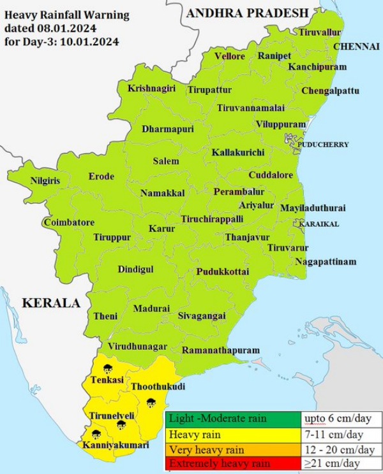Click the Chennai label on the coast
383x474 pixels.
tap(358, 47)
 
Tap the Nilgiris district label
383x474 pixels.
tap(45, 181)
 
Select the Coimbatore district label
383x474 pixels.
tap(69, 222)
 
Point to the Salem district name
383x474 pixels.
tap(166, 161)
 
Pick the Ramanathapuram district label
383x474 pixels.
tap(221, 350)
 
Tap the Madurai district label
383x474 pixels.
tap(152, 308)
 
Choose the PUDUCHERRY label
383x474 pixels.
tap(322, 145)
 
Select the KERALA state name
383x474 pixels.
tap(51, 303)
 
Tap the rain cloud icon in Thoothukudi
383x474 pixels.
tap(151, 401)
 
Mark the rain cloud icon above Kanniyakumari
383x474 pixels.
tap(96, 434)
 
